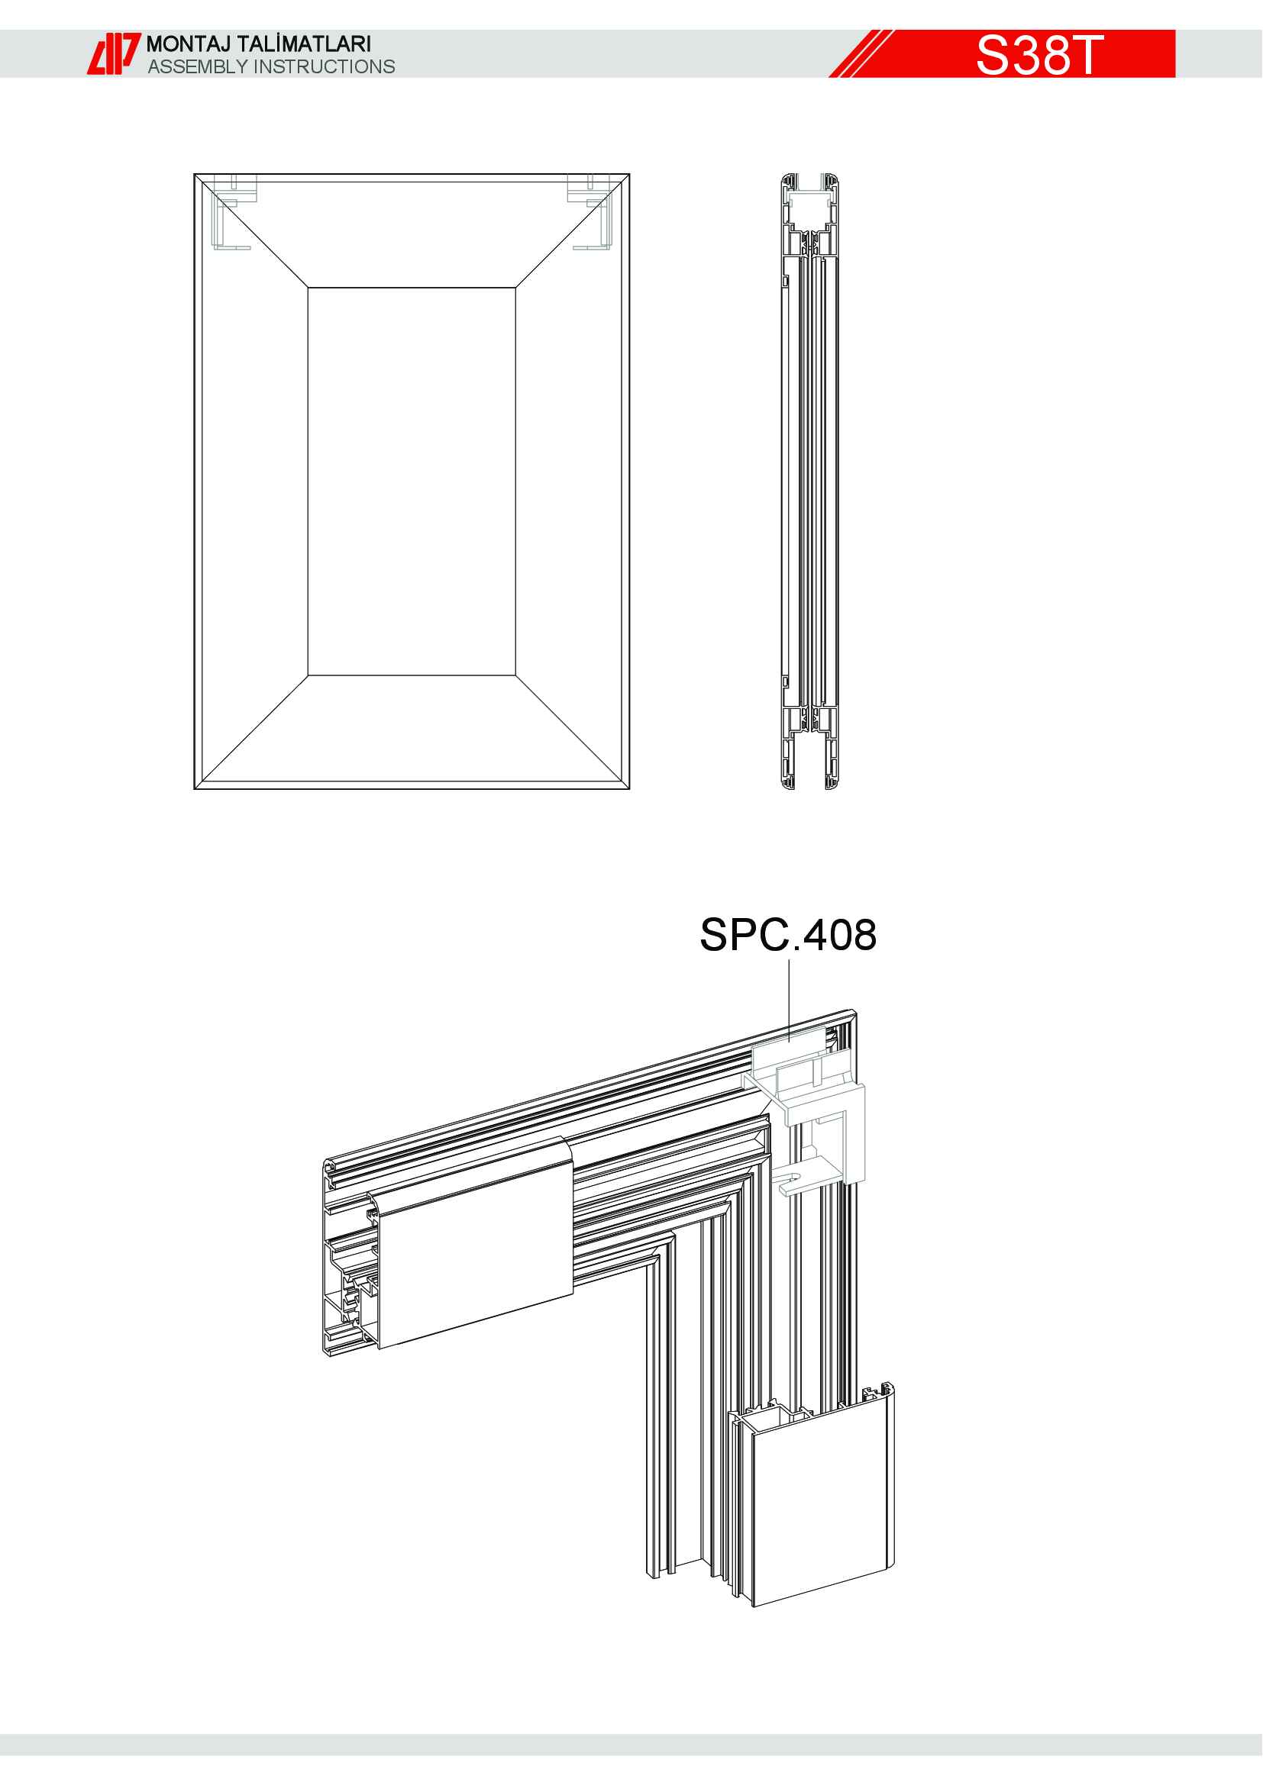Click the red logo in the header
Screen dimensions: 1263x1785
113,53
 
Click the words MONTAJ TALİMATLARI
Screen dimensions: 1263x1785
258,43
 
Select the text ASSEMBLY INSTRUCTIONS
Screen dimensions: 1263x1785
271,67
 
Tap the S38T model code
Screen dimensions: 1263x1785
1039,54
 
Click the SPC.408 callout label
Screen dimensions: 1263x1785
788,935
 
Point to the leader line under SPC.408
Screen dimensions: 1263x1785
789,1000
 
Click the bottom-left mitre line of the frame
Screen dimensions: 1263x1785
254,730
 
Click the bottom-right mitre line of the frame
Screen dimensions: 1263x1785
570,730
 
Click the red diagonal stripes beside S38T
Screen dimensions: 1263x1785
861,53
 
